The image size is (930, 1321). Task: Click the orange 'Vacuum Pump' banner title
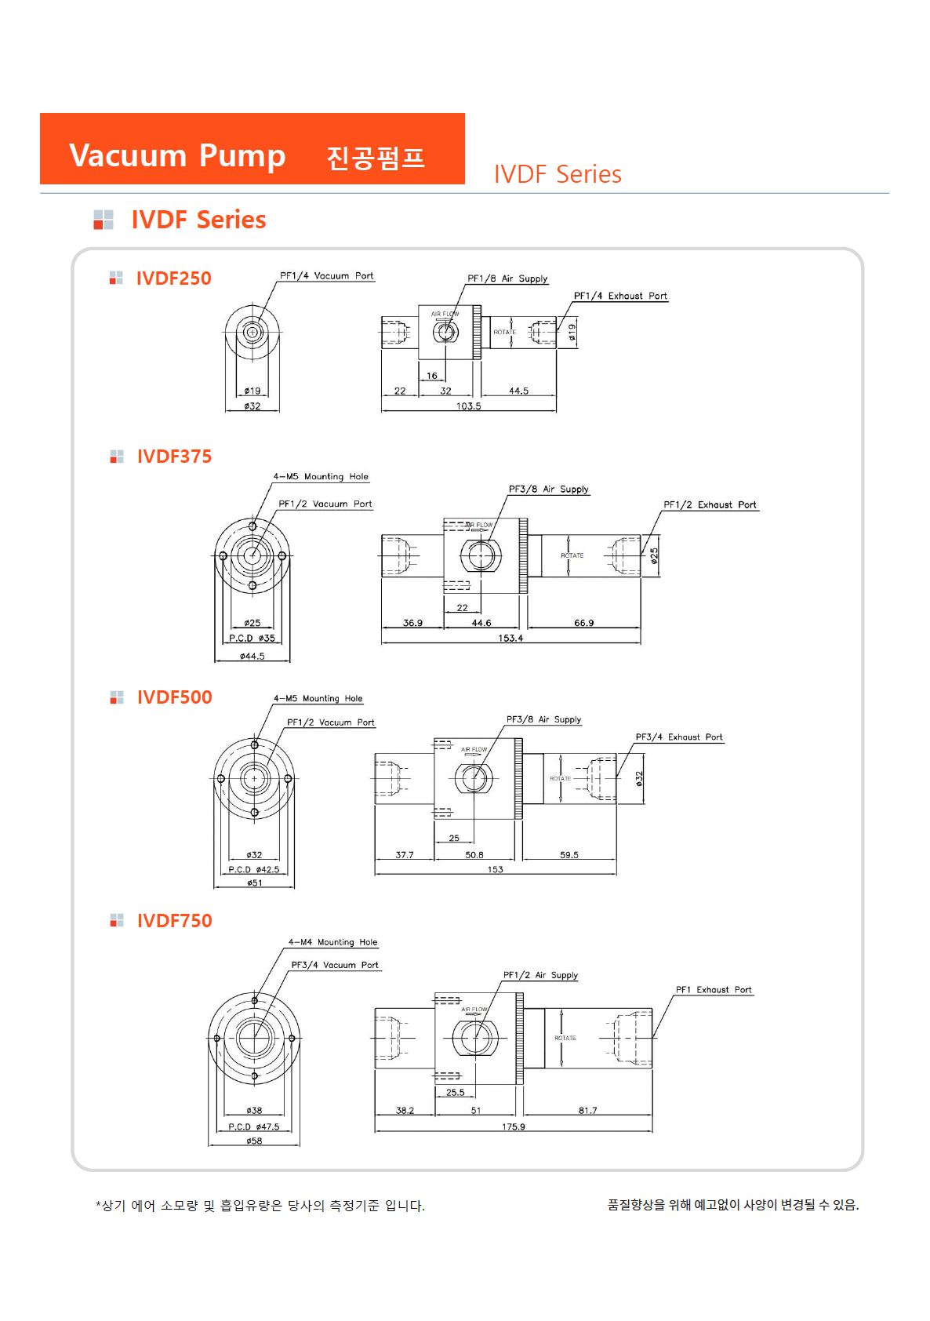(x=177, y=155)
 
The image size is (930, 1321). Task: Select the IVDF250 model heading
(x=173, y=278)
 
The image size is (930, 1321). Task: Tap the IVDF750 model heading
(x=174, y=921)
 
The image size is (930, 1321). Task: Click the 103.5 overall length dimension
(x=469, y=406)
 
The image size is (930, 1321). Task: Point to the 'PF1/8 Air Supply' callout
(x=507, y=278)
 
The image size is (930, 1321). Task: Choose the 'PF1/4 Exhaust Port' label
(x=620, y=296)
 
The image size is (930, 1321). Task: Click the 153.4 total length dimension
(x=510, y=639)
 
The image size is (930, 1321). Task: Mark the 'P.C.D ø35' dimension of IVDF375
(x=252, y=639)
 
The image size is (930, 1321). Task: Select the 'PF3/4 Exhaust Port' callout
(x=679, y=737)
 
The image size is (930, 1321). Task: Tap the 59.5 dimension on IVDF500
(x=569, y=855)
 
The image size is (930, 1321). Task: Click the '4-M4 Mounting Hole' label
(x=332, y=942)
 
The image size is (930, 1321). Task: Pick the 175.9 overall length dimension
(x=514, y=1127)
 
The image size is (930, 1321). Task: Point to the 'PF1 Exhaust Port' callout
(x=714, y=990)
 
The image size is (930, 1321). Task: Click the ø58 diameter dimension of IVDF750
(x=254, y=1141)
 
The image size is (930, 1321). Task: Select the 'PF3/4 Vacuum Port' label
(x=335, y=966)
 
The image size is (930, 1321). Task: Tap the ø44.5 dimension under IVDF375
(x=252, y=657)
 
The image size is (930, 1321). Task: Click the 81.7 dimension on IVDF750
(x=587, y=1111)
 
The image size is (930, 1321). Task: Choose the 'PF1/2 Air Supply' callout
(x=540, y=975)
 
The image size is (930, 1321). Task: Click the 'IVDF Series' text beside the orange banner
(x=558, y=174)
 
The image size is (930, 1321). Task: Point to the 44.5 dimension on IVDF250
(x=518, y=391)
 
